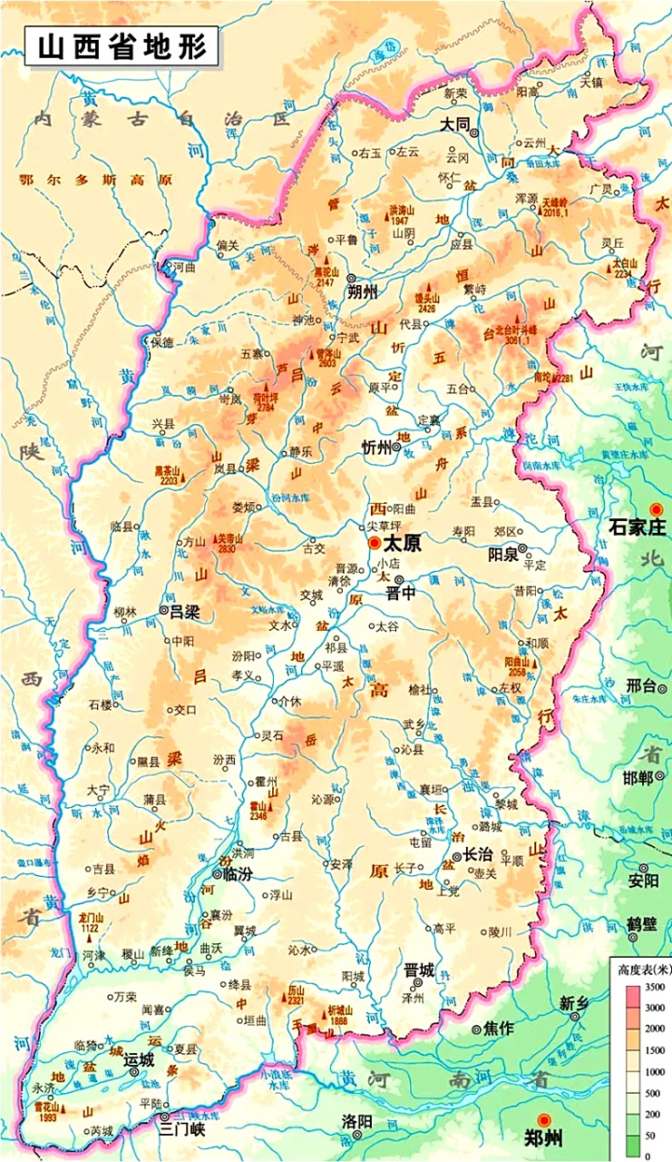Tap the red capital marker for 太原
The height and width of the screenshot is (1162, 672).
coord(375,543)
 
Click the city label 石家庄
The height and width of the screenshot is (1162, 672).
coord(638,527)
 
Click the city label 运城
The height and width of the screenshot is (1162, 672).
coord(139,1059)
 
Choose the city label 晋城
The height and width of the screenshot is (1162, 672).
coord(419,970)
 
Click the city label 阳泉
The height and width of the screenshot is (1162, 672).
coord(503,553)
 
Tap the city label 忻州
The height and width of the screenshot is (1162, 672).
coord(375,447)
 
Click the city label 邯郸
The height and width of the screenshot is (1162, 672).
coord(638,778)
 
